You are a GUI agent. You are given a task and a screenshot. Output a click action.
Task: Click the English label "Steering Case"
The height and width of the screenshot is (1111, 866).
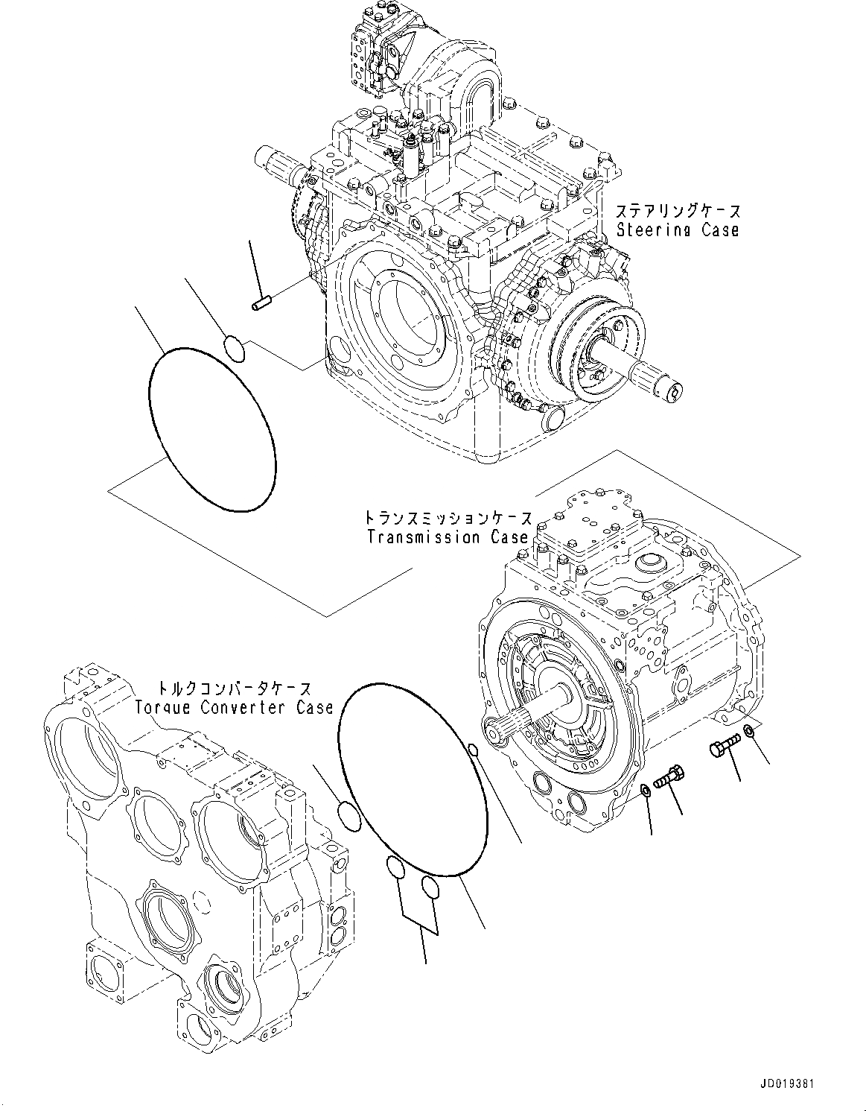(x=678, y=230)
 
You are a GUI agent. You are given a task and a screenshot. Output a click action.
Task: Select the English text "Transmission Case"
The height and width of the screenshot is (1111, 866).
(x=448, y=536)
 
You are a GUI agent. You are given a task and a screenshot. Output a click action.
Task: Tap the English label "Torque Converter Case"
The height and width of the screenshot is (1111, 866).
(x=234, y=707)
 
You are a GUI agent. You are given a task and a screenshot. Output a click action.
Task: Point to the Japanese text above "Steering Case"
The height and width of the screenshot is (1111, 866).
(x=678, y=212)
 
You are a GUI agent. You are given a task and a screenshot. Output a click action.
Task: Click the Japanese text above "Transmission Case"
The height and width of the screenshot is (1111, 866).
(x=448, y=518)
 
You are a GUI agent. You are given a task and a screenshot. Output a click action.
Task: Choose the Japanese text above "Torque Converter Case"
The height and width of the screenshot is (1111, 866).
(x=234, y=689)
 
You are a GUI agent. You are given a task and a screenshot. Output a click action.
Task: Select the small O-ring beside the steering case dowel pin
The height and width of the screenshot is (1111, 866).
(x=234, y=348)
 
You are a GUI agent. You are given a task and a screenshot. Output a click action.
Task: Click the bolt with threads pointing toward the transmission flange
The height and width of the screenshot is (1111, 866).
(x=668, y=778)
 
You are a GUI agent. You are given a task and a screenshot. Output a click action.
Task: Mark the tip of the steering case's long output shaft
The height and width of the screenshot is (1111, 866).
(x=675, y=389)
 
